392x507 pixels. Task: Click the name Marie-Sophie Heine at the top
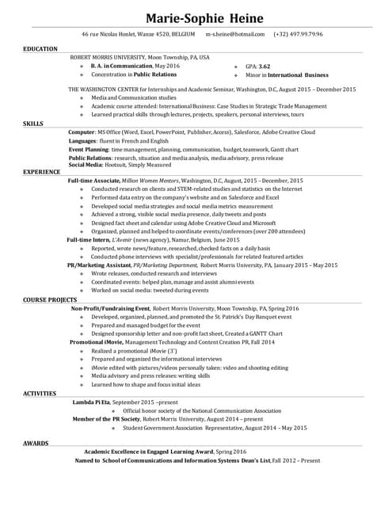[196, 17]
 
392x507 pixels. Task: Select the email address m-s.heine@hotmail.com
[234, 35]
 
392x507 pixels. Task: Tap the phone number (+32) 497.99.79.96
[298, 35]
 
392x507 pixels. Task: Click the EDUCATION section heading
[40, 49]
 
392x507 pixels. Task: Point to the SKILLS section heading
[33, 124]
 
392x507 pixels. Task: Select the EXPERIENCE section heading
[42, 171]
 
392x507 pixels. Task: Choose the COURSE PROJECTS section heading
[49, 301]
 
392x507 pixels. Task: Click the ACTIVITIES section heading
[40, 393]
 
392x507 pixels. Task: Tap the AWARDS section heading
[36, 443]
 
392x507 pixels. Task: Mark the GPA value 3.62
[264, 67]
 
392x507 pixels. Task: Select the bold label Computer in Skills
[82, 132]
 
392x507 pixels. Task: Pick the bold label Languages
[84, 141]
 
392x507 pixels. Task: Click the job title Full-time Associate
[93, 181]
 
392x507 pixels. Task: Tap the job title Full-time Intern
[88, 239]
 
